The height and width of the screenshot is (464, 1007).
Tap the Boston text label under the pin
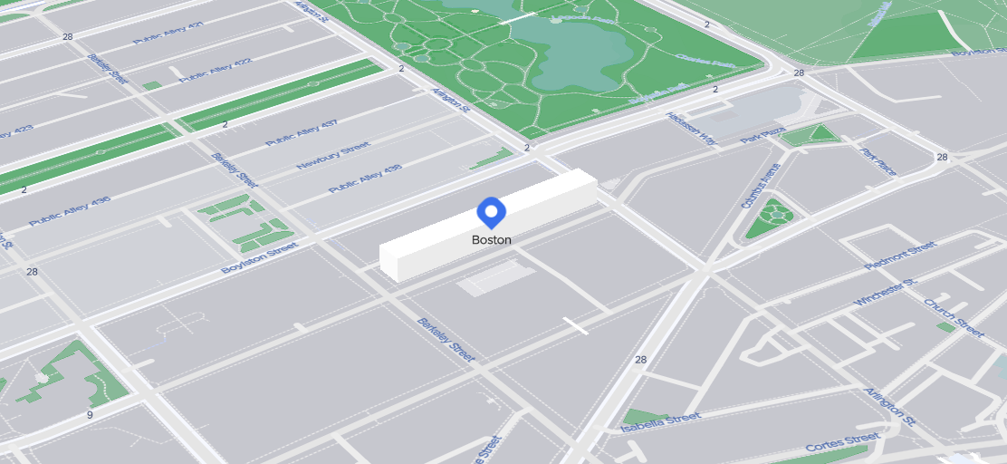pos(491,240)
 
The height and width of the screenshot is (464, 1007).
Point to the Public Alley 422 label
pos(215,70)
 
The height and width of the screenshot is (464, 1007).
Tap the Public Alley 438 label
pos(364,178)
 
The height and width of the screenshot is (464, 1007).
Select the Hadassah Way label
pos(691,128)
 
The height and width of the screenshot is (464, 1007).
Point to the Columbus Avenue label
pos(759,186)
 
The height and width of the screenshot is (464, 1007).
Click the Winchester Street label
pos(891,293)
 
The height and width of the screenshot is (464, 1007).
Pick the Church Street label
pos(954,317)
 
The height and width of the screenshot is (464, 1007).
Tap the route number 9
pos(90,415)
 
